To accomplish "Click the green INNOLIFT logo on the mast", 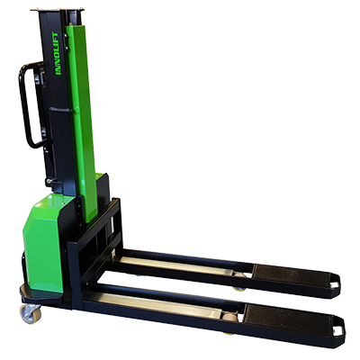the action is pos(58,53).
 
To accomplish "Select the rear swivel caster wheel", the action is pos(30,313).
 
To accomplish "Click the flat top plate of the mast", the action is pos(57,11).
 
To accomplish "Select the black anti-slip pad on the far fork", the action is pos(285,275).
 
